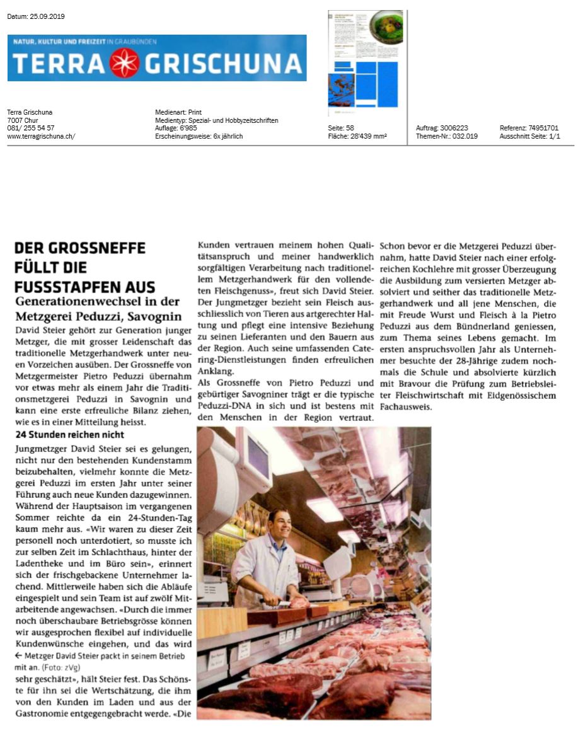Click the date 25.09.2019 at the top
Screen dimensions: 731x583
point(49,16)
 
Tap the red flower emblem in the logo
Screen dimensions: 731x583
point(124,63)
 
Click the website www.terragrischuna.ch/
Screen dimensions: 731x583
point(41,136)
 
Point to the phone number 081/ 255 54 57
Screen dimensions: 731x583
point(31,128)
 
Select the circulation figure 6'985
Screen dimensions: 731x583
point(188,128)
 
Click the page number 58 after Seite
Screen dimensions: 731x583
point(350,128)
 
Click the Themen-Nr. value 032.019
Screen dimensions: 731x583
point(465,136)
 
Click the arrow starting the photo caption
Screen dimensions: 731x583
point(18,655)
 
